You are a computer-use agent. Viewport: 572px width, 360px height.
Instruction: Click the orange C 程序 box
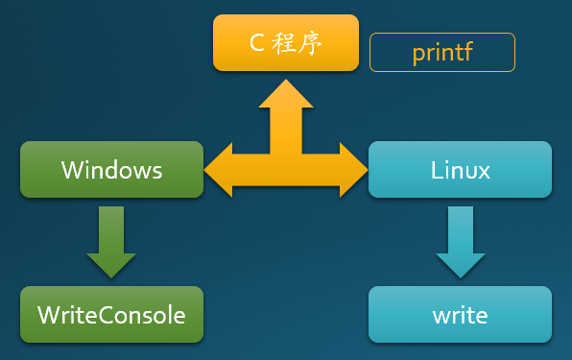click(285, 43)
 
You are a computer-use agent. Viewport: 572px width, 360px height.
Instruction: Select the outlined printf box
click(442, 53)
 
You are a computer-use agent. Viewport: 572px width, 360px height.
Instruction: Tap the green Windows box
click(111, 170)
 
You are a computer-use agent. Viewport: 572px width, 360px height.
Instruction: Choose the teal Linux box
click(460, 170)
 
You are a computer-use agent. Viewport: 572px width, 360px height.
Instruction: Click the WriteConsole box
click(111, 314)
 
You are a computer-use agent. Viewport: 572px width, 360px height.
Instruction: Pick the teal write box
click(460, 314)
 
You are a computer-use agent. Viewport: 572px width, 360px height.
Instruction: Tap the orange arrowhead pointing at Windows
click(219, 170)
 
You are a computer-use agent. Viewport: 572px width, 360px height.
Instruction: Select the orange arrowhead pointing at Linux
click(355, 170)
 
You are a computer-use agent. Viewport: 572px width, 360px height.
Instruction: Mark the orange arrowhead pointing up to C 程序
click(286, 92)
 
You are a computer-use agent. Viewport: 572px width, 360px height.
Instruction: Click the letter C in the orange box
click(256, 44)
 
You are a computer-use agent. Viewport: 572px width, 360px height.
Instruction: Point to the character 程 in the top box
click(285, 44)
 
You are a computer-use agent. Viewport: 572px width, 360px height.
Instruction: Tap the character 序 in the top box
click(309, 44)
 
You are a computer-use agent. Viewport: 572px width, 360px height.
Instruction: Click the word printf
click(442, 53)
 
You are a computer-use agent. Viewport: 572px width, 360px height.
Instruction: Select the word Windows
click(111, 170)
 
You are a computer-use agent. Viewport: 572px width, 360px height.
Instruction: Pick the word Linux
click(460, 171)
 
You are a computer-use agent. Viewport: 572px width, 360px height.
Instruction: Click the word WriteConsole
click(111, 314)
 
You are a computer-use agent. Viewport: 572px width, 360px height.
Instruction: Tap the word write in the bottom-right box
click(460, 315)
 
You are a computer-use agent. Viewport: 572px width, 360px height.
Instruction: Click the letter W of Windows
click(71, 171)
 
